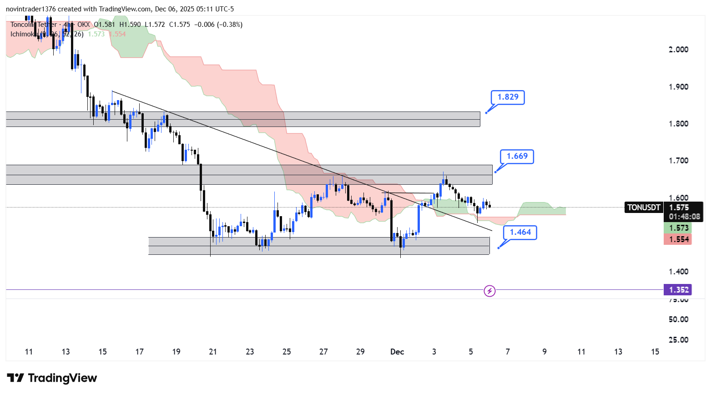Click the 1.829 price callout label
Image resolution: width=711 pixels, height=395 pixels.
(508, 97)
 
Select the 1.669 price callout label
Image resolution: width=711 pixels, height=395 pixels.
(517, 156)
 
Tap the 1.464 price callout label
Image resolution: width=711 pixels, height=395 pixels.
(520, 232)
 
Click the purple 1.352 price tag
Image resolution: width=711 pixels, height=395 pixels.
(678, 290)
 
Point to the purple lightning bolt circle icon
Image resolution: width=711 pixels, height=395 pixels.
(489, 291)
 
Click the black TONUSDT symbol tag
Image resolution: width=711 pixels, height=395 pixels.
(643, 208)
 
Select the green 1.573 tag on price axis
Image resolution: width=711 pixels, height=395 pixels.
(678, 228)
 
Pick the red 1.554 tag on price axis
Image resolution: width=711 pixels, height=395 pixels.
(678, 239)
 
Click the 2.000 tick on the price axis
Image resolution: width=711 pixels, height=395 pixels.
(678, 50)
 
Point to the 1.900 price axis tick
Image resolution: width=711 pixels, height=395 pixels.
(678, 87)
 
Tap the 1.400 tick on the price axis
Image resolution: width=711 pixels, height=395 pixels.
(678, 272)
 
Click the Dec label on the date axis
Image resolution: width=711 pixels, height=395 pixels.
(397, 352)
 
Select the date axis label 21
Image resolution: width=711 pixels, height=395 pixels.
(213, 352)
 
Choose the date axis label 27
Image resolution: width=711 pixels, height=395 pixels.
(323, 352)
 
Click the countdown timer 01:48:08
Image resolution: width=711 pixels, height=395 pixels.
(684, 217)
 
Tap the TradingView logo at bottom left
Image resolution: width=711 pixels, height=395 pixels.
(52, 378)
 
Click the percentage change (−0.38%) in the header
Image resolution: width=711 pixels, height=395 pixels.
(227, 25)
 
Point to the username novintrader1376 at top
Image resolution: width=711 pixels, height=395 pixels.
(30, 9)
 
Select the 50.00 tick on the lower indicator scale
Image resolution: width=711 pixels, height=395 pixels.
(678, 319)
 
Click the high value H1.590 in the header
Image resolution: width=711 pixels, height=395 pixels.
(130, 25)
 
